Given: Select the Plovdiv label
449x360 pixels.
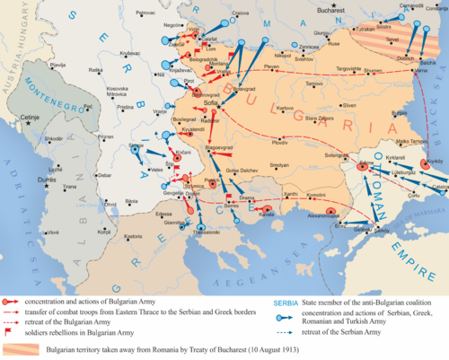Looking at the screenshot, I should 279,142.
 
